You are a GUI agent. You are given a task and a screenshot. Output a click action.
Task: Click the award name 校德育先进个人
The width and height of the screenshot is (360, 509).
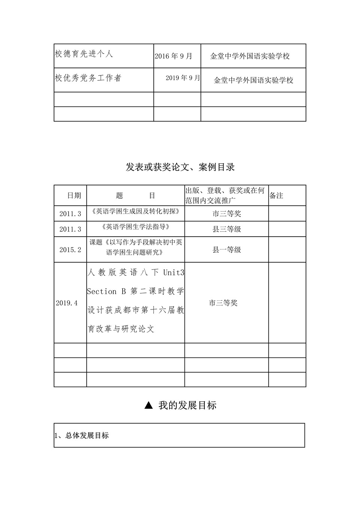point(84,54)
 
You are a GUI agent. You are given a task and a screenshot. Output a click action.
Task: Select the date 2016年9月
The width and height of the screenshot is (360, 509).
point(173,56)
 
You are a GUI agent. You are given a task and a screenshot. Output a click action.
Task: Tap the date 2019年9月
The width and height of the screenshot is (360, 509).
point(183,78)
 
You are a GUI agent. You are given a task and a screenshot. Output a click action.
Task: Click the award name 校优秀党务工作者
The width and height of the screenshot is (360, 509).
point(88,78)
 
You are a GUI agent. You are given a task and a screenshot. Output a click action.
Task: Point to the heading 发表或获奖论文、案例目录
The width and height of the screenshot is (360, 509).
point(180,167)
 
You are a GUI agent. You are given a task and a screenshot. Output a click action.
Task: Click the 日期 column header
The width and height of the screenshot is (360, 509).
point(74,195)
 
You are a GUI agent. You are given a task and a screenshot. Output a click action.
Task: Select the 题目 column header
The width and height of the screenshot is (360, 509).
point(135,195)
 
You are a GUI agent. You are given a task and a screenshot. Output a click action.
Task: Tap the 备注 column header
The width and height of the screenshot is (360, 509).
point(276,195)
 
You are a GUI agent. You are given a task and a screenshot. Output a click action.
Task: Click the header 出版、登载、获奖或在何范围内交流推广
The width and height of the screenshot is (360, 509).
point(225,195)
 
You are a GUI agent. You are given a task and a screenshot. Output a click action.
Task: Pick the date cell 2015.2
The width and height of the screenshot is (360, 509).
point(70,250)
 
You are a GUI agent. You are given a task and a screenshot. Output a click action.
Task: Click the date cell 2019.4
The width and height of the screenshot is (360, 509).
point(67,303)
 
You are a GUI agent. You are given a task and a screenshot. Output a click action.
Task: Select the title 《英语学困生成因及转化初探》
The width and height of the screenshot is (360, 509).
point(135,212)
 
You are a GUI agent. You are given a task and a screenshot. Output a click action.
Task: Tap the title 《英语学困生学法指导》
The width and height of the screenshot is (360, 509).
point(135,227)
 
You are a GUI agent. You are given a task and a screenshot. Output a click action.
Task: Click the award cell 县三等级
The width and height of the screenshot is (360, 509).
point(226,229)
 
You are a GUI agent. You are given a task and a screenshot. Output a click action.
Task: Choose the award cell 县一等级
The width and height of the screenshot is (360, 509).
point(226,250)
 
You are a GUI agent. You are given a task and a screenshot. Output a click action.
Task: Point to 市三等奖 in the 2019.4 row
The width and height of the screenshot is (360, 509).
point(223,303)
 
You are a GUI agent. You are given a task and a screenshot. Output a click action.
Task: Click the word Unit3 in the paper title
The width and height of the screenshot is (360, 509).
point(174,273)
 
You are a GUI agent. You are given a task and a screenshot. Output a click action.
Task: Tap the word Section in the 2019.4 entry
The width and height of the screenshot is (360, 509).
point(102,291)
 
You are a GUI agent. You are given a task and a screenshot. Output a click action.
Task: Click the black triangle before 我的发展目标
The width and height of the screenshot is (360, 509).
point(148,405)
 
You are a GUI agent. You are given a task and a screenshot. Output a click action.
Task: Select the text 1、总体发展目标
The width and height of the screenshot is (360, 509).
point(82,435)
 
